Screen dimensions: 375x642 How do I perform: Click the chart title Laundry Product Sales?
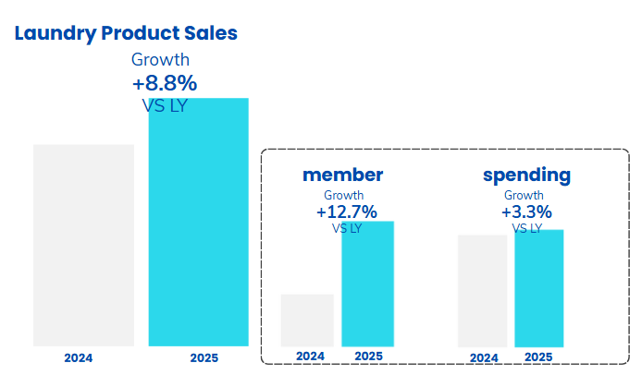click(x=126, y=33)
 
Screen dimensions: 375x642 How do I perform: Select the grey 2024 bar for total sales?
click(x=83, y=245)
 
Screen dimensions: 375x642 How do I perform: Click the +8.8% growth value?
click(x=165, y=83)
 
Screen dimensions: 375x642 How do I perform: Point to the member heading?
click(x=342, y=175)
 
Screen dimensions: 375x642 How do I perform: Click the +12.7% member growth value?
click(x=347, y=212)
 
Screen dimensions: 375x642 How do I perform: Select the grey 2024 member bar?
click(x=307, y=320)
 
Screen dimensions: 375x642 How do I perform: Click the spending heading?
click(x=526, y=175)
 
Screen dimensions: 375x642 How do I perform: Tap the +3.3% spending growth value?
click(x=526, y=212)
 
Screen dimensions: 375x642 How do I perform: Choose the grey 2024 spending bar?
click(x=483, y=290)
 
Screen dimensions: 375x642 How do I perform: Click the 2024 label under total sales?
click(x=79, y=357)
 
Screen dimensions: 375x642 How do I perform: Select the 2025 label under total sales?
click(x=204, y=357)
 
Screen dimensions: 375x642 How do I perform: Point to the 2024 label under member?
click(x=310, y=357)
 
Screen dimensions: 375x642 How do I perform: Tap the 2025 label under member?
click(x=368, y=357)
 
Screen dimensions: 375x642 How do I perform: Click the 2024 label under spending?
click(x=483, y=357)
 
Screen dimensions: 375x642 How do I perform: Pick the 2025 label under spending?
click(x=538, y=357)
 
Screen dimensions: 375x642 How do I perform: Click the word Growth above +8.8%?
click(x=160, y=60)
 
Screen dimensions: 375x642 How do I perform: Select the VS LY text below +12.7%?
click(x=347, y=228)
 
